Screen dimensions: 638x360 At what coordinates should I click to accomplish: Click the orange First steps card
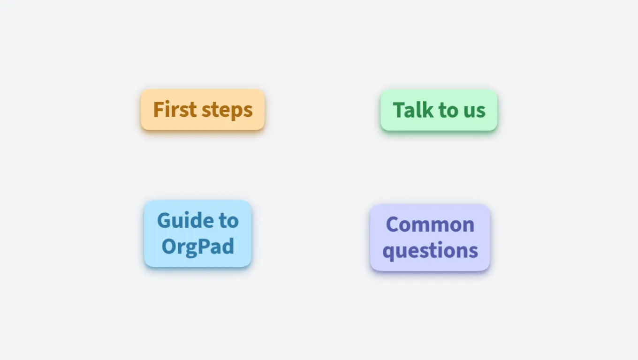coord(203,110)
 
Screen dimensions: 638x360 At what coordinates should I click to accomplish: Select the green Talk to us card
coord(439,110)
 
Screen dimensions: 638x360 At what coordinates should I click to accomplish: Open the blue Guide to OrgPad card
coord(197,233)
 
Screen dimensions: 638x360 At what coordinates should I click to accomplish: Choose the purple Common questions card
coord(430,237)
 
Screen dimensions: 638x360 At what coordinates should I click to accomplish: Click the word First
coord(175,109)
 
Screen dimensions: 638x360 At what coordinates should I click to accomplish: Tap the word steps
coord(227,111)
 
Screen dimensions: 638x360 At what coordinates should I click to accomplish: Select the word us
coord(474,112)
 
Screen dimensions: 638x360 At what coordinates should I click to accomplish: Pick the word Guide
coord(184,221)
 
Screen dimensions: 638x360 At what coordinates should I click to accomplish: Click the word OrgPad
coord(197,247)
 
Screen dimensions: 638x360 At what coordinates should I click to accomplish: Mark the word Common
coord(430,225)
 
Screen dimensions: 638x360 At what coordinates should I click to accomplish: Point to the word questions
coord(430,251)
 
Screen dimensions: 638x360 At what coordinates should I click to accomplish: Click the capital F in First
coord(159,109)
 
